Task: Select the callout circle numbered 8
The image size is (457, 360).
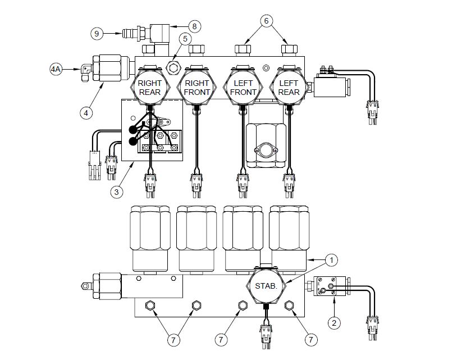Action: click(x=195, y=25)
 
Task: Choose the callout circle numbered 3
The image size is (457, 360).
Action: click(x=117, y=192)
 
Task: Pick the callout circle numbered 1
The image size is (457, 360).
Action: click(x=332, y=260)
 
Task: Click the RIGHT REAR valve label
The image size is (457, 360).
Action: click(x=149, y=88)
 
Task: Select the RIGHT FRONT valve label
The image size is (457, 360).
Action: click(x=196, y=88)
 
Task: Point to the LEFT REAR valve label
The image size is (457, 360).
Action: click(x=289, y=88)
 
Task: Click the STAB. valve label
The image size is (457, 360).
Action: click(x=266, y=286)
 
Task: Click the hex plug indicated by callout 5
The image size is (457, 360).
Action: click(x=173, y=67)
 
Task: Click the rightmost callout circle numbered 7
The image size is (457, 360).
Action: click(x=310, y=339)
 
